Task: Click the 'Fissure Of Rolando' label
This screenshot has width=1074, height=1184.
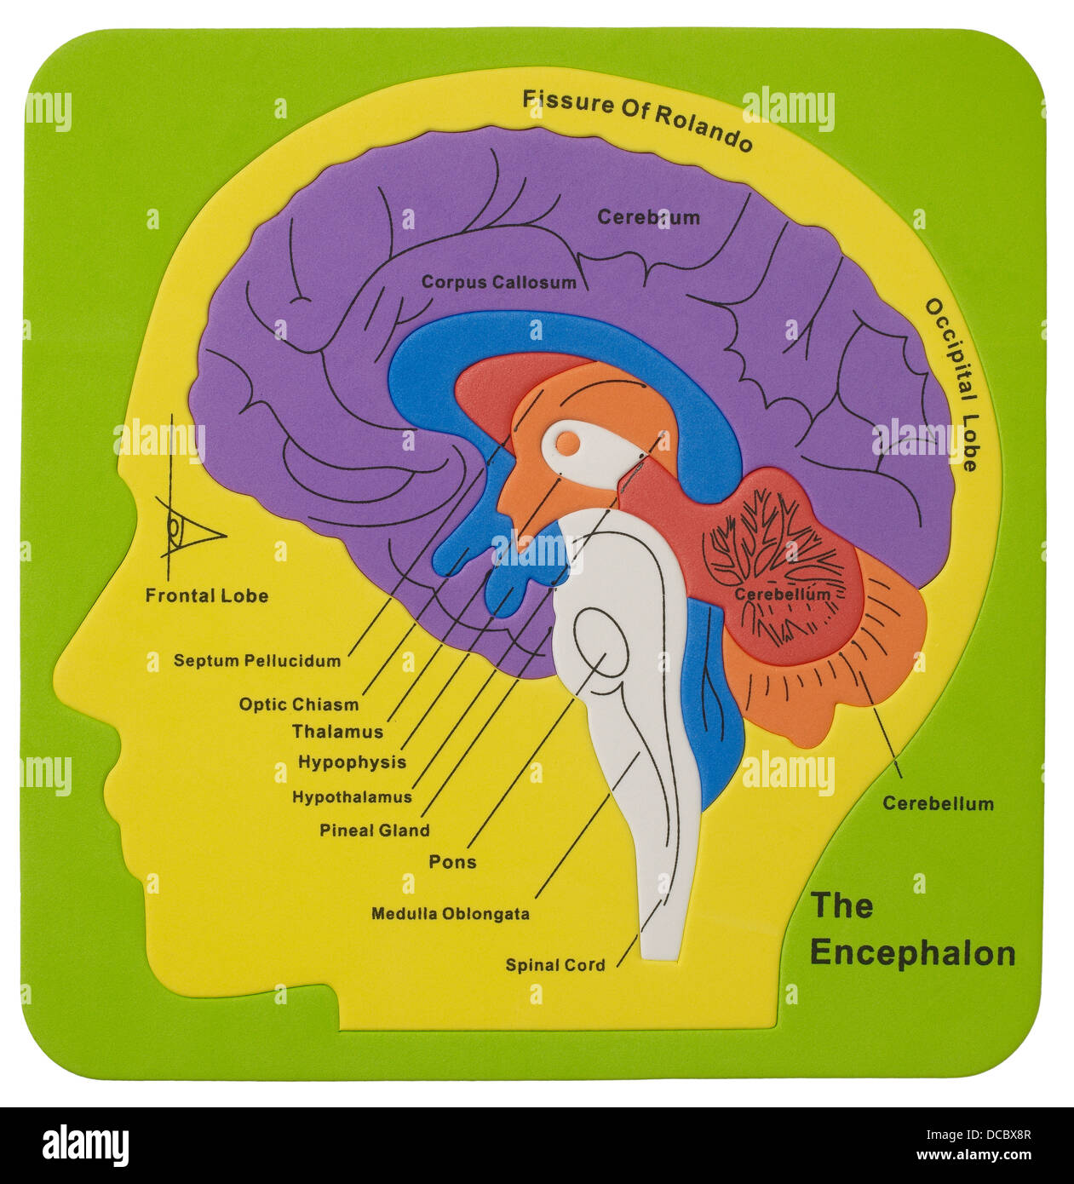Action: tap(637, 119)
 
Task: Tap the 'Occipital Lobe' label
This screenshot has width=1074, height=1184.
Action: tap(952, 383)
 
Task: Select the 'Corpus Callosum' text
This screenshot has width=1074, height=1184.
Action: tap(498, 282)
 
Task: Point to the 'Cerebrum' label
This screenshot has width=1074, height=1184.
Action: tap(648, 217)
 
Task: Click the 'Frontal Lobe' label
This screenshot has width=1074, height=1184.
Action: tap(206, 596)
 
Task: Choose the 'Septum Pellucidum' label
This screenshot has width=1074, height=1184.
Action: tap(256, 660)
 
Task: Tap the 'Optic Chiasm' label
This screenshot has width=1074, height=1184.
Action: tap(298, 704)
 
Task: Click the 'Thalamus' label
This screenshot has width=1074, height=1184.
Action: tap(337, 732)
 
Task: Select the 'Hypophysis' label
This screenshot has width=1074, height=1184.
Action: tap(351, 762)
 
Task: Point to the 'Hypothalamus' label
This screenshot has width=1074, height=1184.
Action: tap(351, 797)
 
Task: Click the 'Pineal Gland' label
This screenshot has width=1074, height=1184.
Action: tap(374, 830)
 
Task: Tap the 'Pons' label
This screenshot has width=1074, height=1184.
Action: tap(452, 862)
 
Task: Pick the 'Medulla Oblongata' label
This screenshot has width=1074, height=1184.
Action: tap(450, 914)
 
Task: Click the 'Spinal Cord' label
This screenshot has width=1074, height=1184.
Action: tap(555, 965)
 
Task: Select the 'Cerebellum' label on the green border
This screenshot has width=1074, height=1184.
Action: tap(938, 803)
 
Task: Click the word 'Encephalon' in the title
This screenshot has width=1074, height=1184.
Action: tap(912, 953)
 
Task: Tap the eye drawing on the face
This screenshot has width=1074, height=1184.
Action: tap(186, 531)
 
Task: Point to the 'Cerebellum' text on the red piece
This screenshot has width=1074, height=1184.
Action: tap(781, 594)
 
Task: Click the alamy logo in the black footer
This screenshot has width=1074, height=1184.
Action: tap(85, 1146)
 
